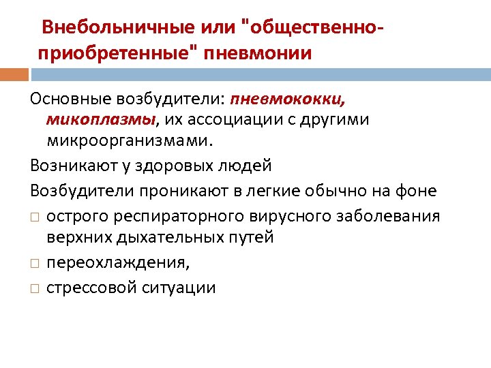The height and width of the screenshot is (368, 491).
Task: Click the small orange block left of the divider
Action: coord(14,73)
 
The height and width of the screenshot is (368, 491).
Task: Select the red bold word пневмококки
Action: coord(288,100)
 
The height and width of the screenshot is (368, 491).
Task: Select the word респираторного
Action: coord(174,216)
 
